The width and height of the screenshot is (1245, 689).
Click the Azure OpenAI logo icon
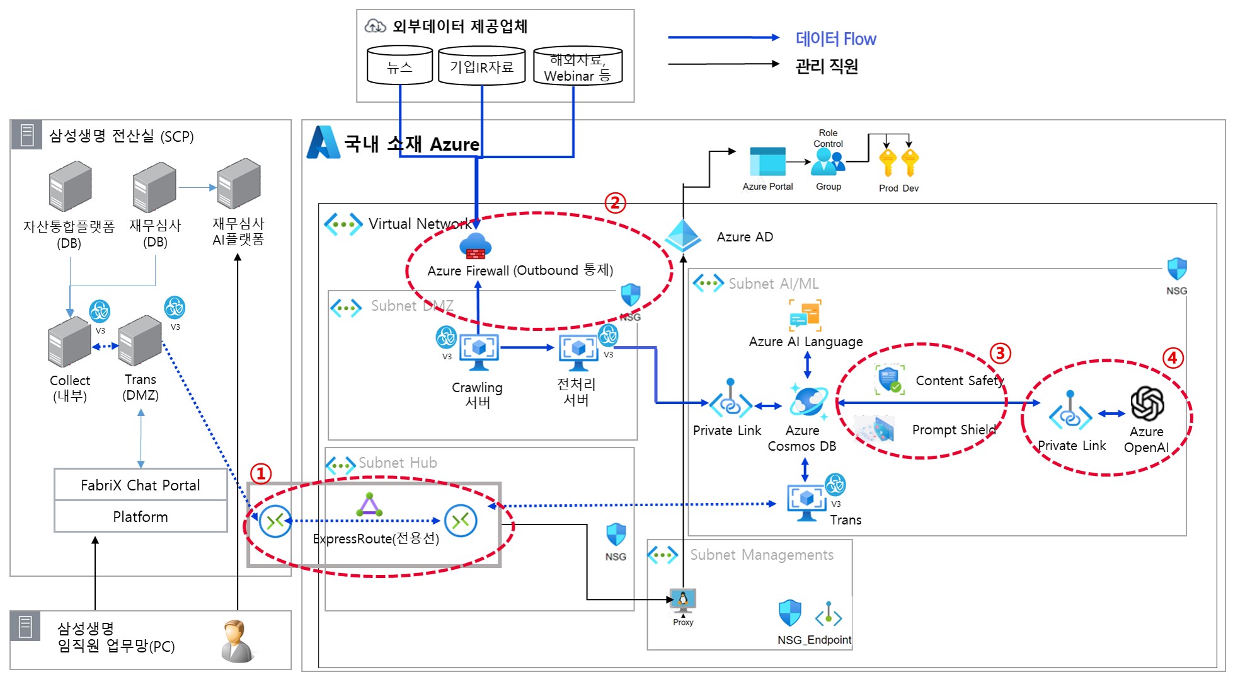(1146, 403)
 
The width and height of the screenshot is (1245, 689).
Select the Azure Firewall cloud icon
(476, 246)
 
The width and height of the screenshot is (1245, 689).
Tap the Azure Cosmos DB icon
(808, 402)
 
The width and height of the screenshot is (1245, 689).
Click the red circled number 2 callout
(615, 203)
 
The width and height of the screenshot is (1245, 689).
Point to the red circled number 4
(1172, 358)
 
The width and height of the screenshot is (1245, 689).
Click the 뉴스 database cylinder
(399, 66)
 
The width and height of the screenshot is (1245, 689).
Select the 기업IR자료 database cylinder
(481, 66)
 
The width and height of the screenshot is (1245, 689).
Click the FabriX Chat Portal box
(141, 485)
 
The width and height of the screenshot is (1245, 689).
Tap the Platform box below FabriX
(141, 517)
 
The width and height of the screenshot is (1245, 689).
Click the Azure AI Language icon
(805, 315)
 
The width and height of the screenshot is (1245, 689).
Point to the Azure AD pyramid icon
(683, 236)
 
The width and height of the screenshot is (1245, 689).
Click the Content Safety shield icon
(890, 379)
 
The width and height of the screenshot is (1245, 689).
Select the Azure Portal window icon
(767, 162)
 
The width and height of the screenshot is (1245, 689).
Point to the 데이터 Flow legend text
(835, 39)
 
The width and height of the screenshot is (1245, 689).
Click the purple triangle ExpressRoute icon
(369, 506)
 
